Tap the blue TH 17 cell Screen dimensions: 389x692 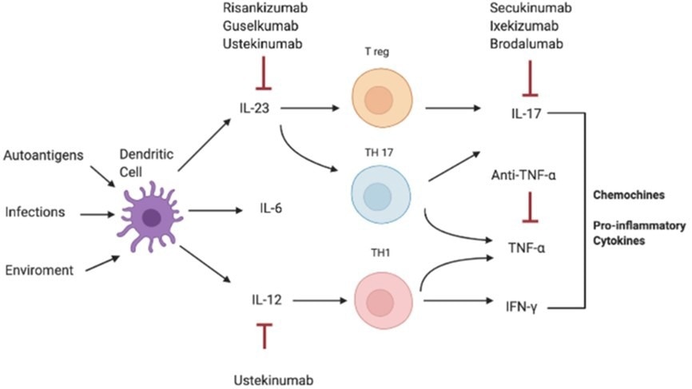(382, 194)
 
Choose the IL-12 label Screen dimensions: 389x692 (265, 301)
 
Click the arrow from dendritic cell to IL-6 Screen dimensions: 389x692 (215, 211)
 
